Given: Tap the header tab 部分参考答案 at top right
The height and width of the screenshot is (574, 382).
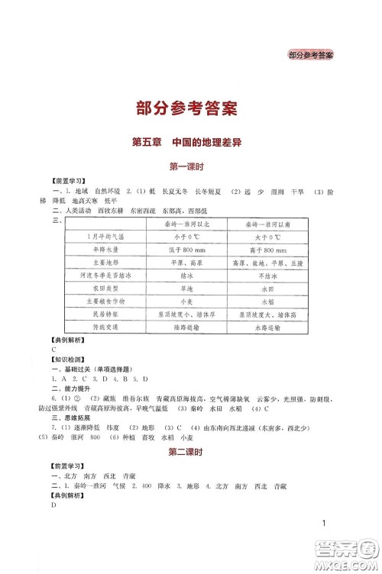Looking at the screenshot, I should (x=315, y=54).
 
